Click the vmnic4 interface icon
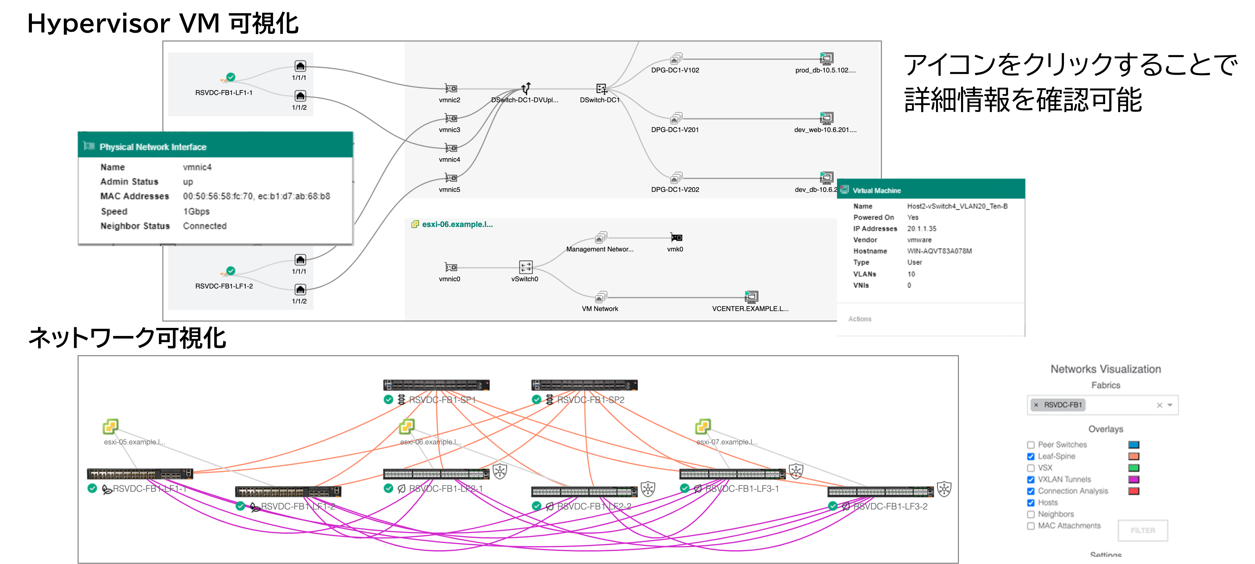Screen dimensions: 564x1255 pyautogui.click(x=451, y=148)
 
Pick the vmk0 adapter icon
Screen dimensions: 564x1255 pyautogui.click(x=676, y=238)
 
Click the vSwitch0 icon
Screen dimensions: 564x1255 pyautogui.click(x=526, y=267)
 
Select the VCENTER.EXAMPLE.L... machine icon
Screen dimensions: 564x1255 pyautogui.click(x=751, y=297)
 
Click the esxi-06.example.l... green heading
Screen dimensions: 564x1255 pyautogui.click(x=457, y=225)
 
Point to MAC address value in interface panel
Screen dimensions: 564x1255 pyautogui.click(x=256, y=196)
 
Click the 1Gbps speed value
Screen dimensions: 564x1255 pyautogui.click(x=196, y=211)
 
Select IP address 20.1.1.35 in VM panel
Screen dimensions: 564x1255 pyautogui.click(x=921, y=229)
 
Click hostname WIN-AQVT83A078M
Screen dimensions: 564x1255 pyautogui.click(x=939, y=251)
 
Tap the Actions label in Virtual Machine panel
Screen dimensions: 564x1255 pyautogui.click(x=860, y=319)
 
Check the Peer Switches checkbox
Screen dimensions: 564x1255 pyautogui.click(x=1031, y=445)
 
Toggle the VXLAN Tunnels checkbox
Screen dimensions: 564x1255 pyautogui.click(x=1031, y=480)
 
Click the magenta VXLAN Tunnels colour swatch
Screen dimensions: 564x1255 pyautogui.click(x=1134, y=480)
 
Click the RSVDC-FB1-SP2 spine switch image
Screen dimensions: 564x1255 pyautogui.click(x=584, y=385)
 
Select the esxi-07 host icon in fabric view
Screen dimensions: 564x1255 pyautogui.click(x=703, y=427)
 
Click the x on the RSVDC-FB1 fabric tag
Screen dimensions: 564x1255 pyautogui.click(x=1036, y=405)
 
